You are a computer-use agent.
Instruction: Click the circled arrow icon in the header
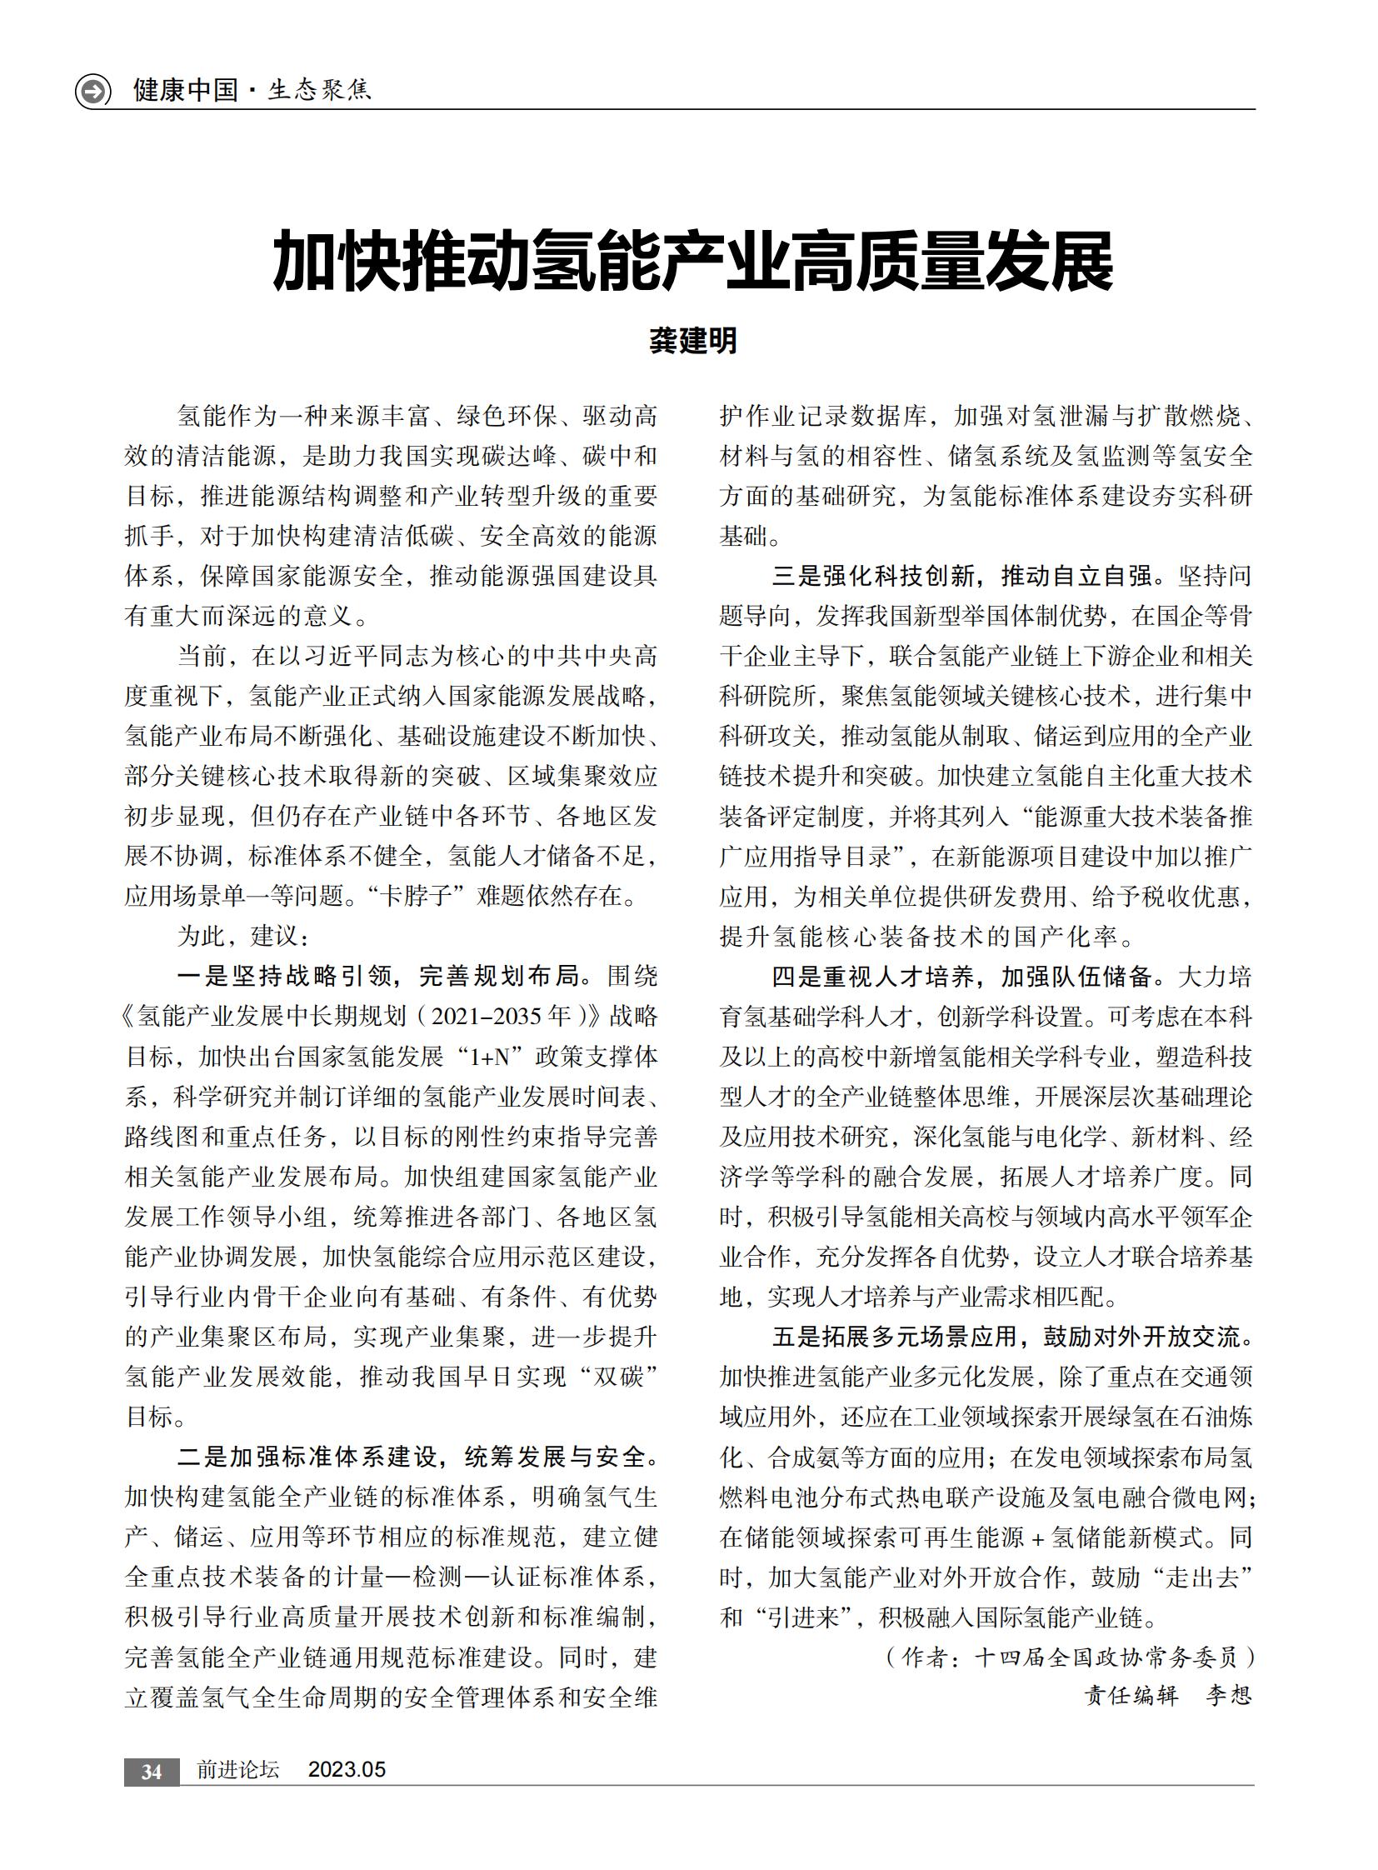pos(92,90)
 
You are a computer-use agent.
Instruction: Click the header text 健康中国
pos(185,90)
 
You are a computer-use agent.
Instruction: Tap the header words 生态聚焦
pos(319,90)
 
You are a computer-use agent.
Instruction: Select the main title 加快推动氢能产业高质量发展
pos(693,262)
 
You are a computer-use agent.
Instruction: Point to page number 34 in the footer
pos(151,1772)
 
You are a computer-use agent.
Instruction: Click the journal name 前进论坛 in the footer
pos(237,1770)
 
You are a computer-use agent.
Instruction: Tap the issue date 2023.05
pos(347,1770)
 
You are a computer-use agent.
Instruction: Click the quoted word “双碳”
pos(619,1377)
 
